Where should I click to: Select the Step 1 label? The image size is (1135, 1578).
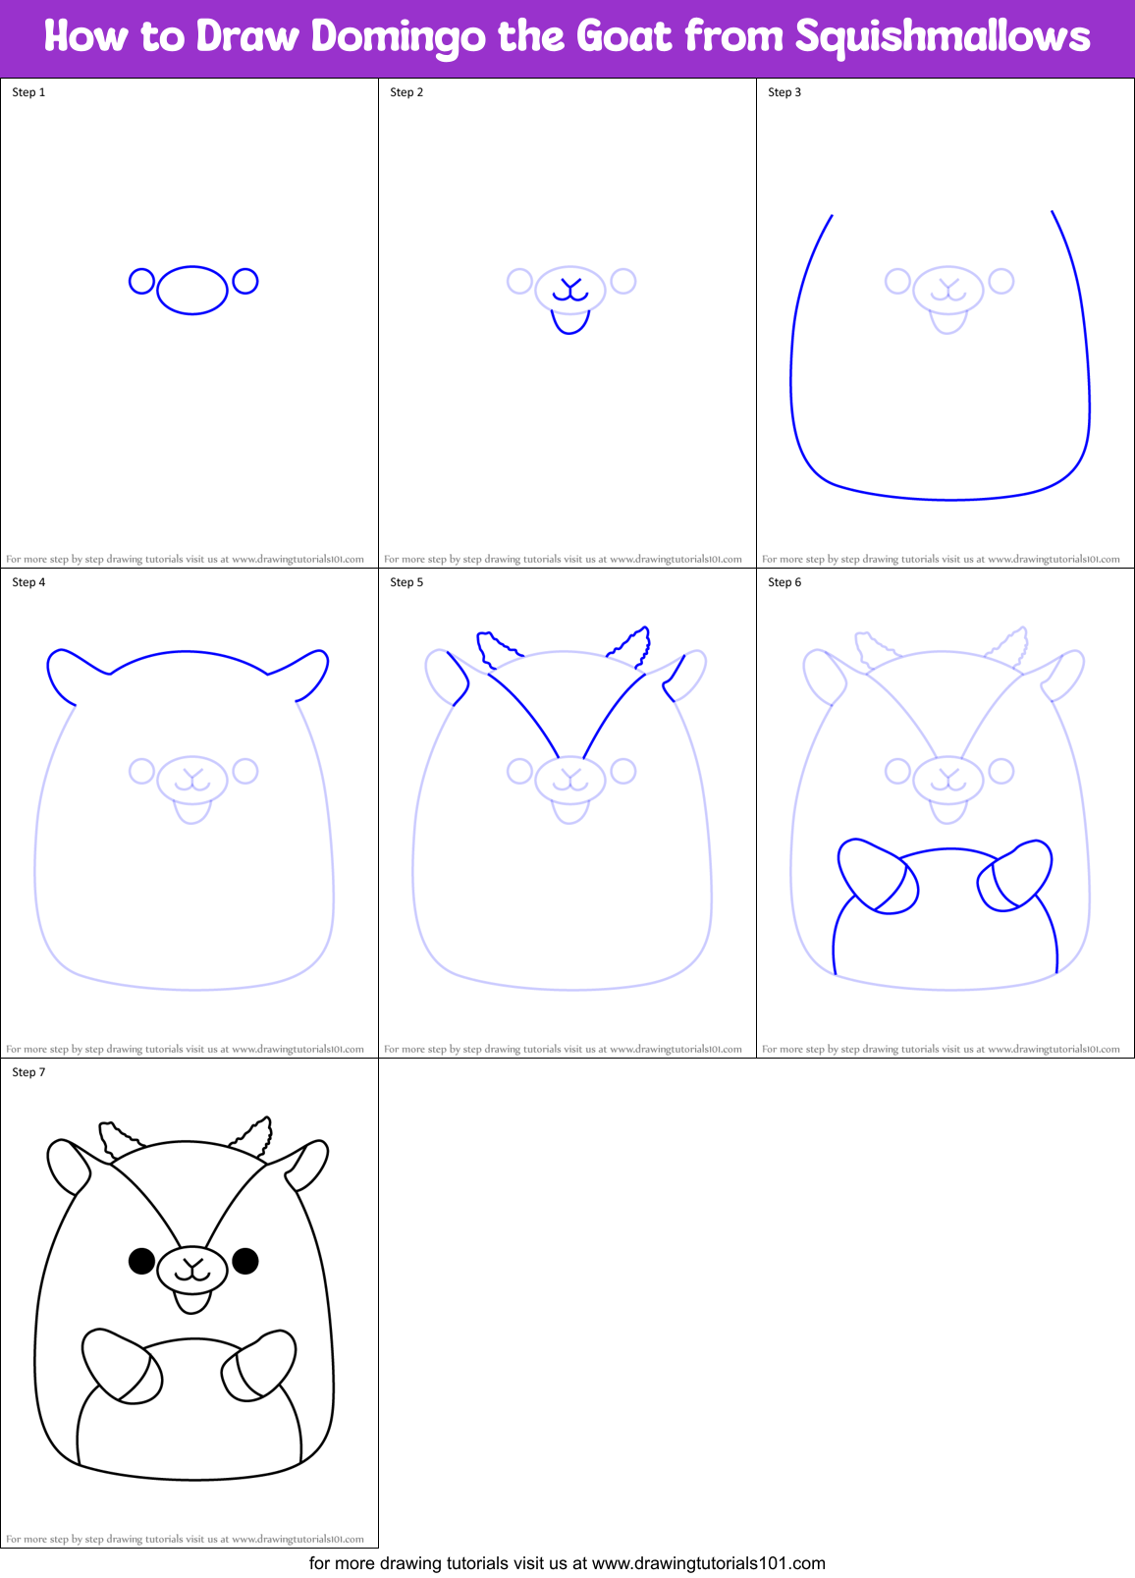click(28, 92)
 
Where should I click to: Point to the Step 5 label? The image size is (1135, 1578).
click(406, 582)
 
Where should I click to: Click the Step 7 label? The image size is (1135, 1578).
click(28, 1072)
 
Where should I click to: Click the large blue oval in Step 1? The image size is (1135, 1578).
click(192, 290)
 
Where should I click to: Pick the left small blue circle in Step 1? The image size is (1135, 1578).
click(141, 282)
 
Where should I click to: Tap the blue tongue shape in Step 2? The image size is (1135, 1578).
click(570, 321)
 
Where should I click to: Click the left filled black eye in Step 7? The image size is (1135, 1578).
click(141, 1260)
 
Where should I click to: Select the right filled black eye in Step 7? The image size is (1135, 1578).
click(245, 1260)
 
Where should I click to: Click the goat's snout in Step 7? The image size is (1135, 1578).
click(192, 1270)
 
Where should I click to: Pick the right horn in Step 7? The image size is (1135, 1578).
click(253, 1137)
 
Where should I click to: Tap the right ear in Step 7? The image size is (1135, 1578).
click(307, 1165)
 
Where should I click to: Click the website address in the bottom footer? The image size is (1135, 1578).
click(708, 1563)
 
